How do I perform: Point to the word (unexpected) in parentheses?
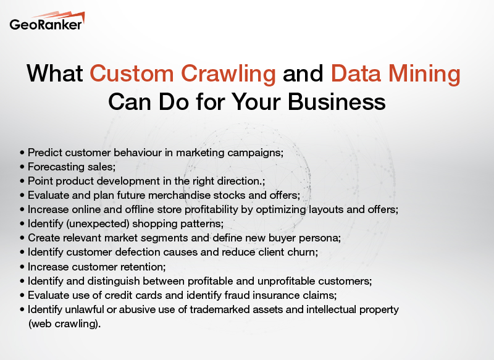pos(98,224)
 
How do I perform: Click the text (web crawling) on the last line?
pos(64,323)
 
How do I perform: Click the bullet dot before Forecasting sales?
pos(23,167)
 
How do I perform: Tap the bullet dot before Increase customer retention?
pos(23,266)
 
